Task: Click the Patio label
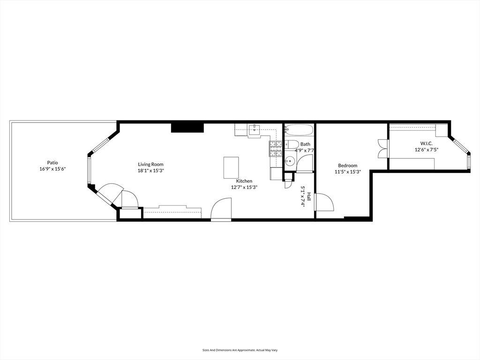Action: tap(52, 163)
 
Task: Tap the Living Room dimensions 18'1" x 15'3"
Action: tap(151, 171)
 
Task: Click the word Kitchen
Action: tap(244, 181)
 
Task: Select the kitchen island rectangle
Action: tap(231, 167)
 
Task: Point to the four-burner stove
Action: tap(276, 149)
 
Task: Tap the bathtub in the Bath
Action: tap(299, 130)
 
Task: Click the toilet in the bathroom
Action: tap(292, 145)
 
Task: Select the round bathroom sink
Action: tap(290, 161)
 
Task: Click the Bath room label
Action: tap(305, 144)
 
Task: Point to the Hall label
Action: tap(309, 196)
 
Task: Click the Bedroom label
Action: tap(347, 165)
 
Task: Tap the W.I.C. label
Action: tap(426, 143)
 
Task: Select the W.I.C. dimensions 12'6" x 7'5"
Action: tap(426, 150)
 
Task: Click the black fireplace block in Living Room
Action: tap(187, 127)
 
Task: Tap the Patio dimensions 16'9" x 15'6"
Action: tap(52, 169)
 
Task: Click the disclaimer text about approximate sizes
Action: tap(240, 350)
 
